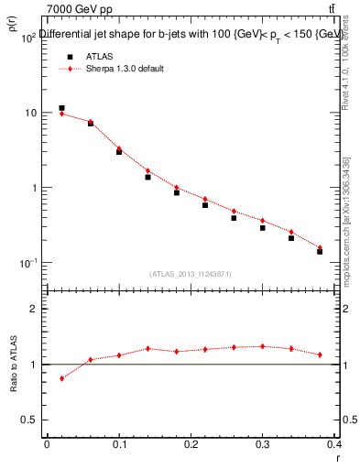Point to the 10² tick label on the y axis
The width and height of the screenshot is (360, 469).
pyautogui.click(x=28, y=37)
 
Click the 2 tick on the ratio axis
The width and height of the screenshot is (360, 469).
pyautogui.click(x=33, y=309)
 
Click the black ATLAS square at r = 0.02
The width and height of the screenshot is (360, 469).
pyautogui.click(x=61, y=108)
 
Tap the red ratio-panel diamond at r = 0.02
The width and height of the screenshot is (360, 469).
pyautogui.click(x=61, y=378)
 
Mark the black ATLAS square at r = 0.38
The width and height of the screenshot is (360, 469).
pyautogui.click(x=320, y=251)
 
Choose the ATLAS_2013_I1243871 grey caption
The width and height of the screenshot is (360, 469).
pyautogui.click(x=191, y=274)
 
